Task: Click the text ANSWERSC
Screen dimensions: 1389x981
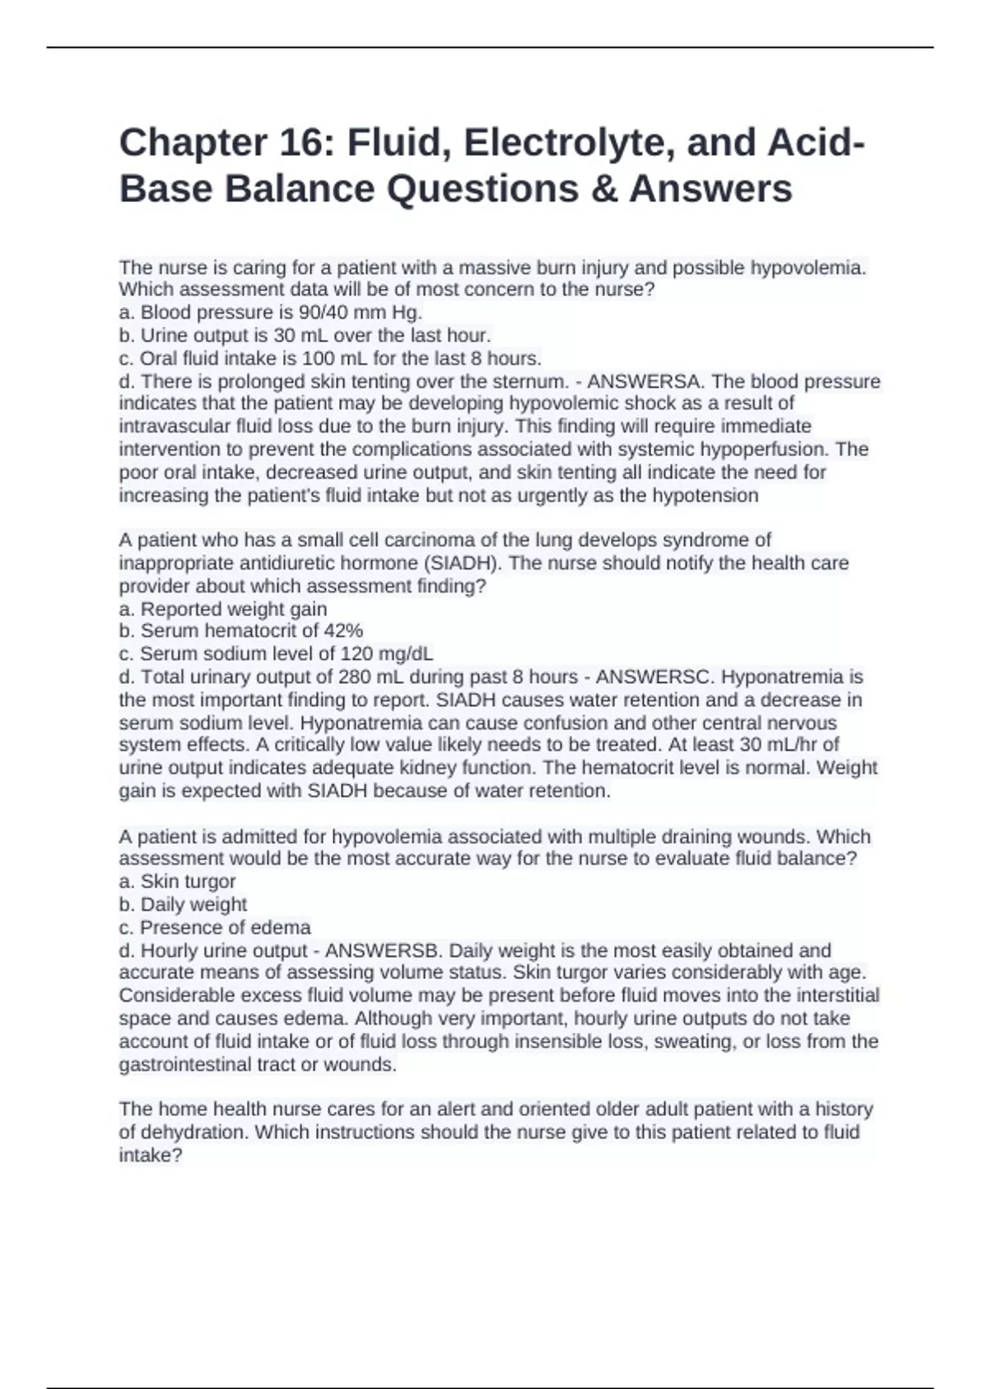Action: point(655,677)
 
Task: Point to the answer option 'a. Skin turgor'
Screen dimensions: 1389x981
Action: point(177,882)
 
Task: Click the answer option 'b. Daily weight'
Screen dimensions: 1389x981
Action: point(183,904)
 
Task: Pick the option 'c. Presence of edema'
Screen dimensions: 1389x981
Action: point(215,927)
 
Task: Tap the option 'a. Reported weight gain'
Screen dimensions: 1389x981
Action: point(223,609)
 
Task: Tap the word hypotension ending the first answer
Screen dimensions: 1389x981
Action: point(706,495)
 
